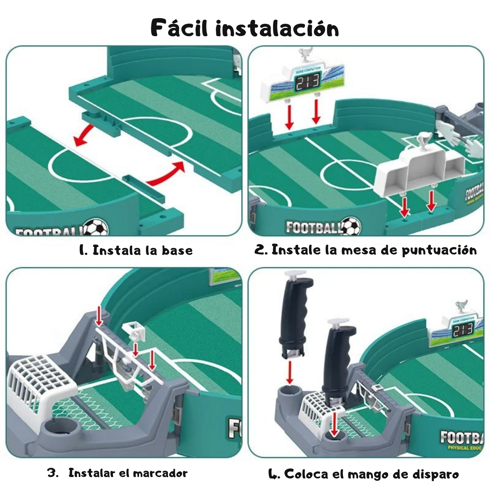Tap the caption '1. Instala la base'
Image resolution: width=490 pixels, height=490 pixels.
tap(136, 250)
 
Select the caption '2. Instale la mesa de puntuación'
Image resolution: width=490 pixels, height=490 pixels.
tap(366, 250)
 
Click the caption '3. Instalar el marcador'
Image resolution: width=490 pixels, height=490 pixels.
tap(117, 473)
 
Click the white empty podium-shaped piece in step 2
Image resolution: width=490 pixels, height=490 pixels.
tap(420, 173)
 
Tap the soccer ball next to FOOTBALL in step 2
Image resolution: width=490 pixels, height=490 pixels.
tap(351, 226)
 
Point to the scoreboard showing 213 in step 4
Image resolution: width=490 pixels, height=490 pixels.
tap(463, 330)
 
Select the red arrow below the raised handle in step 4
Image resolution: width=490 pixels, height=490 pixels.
tap(289, 372)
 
